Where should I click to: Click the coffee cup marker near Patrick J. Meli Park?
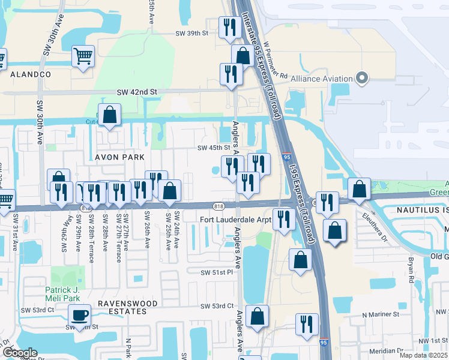tap(79, 315)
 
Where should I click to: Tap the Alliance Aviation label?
tap(321, 79)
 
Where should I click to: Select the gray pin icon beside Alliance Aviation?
tap(361, 78)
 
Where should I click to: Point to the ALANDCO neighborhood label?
tap(30, 74)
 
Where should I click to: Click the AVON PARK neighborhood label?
tap(121, 157)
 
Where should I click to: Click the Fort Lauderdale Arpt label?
tap(235, 220)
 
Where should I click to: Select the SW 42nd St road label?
tap(136, 92)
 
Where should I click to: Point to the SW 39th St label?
tap(191, 34)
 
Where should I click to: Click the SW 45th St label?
tap(214, 148)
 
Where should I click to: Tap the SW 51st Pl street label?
tap(216, 272)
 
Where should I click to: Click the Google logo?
tap(19, 353)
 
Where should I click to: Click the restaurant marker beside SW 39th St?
tap(230, 28)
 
